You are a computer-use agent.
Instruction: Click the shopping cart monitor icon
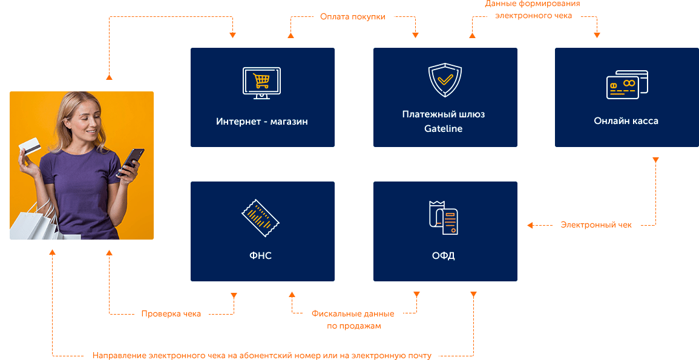click(261, 83)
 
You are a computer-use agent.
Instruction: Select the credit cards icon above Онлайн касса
click(627, 85)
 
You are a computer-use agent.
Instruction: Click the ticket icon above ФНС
click(261, 217)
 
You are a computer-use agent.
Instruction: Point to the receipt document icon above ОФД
click(444, 217)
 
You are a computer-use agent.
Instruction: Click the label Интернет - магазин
click(262, 122)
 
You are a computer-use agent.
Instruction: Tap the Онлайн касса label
click(626, 121)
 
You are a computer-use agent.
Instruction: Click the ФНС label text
click(261, 255)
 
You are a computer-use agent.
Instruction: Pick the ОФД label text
click(444, 255)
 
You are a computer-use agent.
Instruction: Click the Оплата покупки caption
click(352, 17)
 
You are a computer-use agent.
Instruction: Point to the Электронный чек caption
click(596, 225)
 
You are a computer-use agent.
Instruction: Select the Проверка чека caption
click(171, 313)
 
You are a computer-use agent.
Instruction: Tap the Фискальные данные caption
click(353, 313)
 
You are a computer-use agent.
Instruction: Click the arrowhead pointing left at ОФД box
click(530, 225)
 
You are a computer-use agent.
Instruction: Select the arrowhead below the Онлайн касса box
click(655, 160)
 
